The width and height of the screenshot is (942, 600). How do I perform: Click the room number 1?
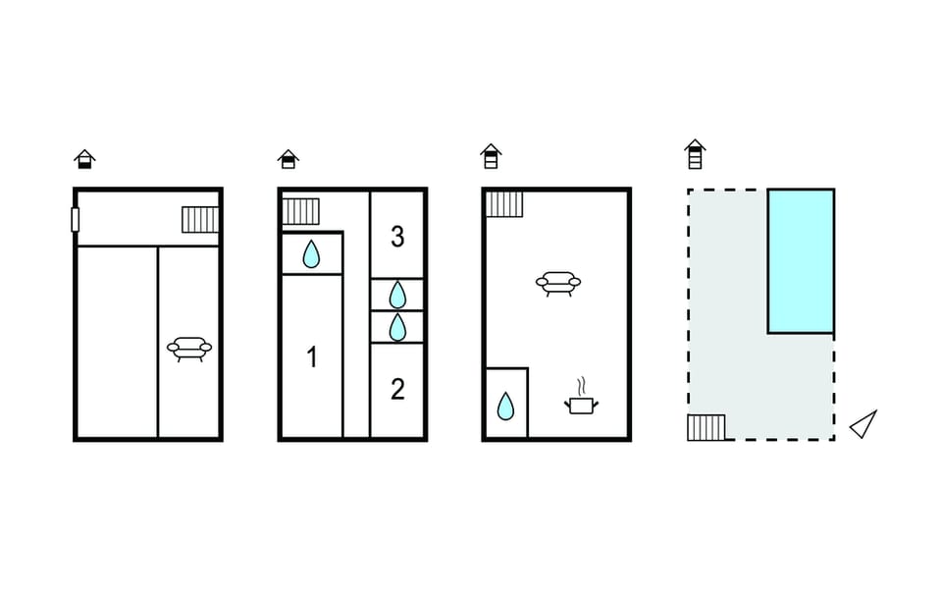tap(312, 357)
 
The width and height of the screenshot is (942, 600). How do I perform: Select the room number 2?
tap(397, 390)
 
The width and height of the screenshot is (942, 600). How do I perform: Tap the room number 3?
tap(397, 237)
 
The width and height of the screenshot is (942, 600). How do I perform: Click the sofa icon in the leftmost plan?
tap(189, 348)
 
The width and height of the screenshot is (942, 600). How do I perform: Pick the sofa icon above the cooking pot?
tap(558, 284)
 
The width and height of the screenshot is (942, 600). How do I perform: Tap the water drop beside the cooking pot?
tap(506, 406)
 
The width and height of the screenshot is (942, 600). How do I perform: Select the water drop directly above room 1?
tap(311, 255)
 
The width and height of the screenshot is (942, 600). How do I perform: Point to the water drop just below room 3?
tap(397, 295)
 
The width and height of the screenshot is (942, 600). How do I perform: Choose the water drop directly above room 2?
tap(397, 327)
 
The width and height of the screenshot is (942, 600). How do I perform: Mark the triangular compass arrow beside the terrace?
tap(863, 424)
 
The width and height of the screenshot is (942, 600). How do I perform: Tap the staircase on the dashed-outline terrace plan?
tap(706, 427)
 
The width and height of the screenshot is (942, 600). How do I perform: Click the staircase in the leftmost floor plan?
tap(199, 219)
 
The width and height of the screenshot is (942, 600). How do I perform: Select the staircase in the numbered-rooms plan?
tap(301, 211)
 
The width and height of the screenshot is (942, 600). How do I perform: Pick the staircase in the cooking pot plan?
tap(504, 203)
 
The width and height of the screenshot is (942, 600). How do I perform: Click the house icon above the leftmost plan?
tap(85, 159)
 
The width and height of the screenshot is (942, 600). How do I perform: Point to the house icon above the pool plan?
tap(695, 154)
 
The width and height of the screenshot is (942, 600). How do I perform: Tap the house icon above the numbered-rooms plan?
tap(288, 159)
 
